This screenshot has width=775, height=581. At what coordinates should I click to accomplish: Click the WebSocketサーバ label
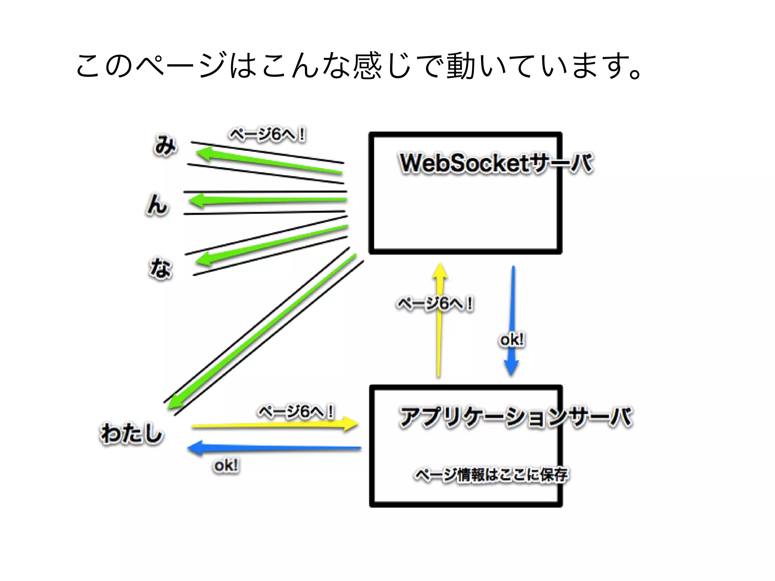[x=496, y=164]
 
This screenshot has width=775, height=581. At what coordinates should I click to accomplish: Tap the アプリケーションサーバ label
[x=515, y=417]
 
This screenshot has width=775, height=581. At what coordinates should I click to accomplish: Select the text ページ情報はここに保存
[x=491, y=475]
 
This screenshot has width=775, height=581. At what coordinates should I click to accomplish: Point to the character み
[x=165, y=145]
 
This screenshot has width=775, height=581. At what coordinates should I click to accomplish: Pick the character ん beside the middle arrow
[x=157, y=205]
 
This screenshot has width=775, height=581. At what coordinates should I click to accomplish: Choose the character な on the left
[x=161, y=268]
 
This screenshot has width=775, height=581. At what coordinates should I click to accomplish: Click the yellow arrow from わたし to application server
[x=274, y=425]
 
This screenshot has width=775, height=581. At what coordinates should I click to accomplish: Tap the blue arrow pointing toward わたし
[x=274, y=448]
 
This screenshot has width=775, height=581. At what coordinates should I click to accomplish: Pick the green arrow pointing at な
[x=271, y=244]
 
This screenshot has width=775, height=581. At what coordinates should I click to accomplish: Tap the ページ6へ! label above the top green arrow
[x=268, y=135]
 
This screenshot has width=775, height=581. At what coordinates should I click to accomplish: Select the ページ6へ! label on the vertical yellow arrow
[x=434, y=304]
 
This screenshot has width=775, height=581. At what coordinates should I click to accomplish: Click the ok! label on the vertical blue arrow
[x=512, y=340]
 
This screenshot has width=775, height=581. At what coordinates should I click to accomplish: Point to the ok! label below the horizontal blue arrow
[x=226, y=466]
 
